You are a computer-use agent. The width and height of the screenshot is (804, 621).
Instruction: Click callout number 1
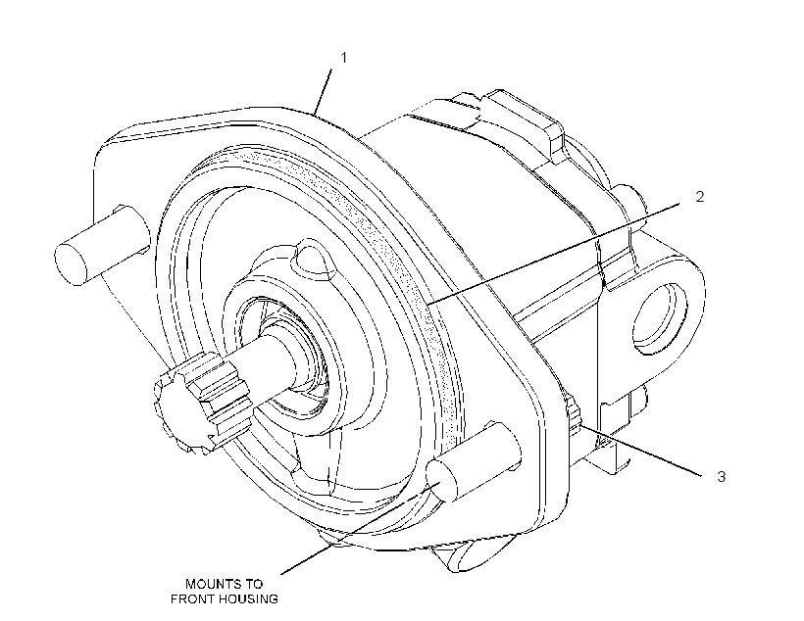pyautogui.click(x=344, y=58)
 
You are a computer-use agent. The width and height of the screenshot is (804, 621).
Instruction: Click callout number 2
pyautogui.click(x=700, y=196)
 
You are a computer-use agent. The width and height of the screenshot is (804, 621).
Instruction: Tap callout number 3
pyautogui.click(x=722, y=476)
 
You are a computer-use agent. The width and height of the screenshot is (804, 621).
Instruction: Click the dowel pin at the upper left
pyautogui.click(x=97, y=245)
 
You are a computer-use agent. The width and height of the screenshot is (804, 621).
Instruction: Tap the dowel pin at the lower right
pyautogui.click(x=473, y=461)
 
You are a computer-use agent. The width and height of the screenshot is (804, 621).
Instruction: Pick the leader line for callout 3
pyautogui.click(x=641, y=451)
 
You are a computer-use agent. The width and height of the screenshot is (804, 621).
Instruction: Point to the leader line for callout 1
pyautogui.click(x=323, y=92)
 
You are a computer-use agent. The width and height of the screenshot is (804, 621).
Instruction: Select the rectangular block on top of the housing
pyautogui.click(x=523, y=125)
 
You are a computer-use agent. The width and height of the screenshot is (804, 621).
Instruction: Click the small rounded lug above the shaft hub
pyautogui.click(x=309, y=259)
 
